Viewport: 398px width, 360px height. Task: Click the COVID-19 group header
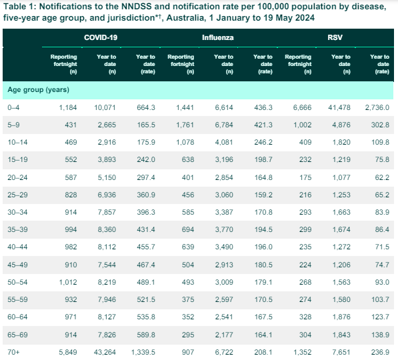coord(101,37)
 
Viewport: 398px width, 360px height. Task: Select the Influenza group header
coord(218,37)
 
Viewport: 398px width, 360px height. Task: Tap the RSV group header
coord(335,37)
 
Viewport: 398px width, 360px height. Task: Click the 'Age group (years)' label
coord(38,89)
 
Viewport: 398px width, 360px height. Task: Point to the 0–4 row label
coord(13,107)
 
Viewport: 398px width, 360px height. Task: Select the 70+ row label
coord(13,352)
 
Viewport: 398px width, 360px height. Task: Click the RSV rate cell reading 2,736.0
coord(377,107)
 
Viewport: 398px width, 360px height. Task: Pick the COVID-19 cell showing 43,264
coord(105,352)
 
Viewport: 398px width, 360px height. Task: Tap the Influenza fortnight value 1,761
coord(185,125)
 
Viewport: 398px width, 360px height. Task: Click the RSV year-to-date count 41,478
coord(339,107)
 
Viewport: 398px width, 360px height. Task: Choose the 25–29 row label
coord(17,195)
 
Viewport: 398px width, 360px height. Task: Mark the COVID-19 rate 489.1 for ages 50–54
coord(146,282)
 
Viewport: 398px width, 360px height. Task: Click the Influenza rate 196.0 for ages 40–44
coord(263,247)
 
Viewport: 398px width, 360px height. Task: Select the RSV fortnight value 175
coord(305,177)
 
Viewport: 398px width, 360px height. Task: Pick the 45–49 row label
coord(17,265)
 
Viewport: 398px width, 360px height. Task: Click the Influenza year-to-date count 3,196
coord(224,159)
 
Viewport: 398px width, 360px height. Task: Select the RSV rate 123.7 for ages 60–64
coord(380,317)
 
